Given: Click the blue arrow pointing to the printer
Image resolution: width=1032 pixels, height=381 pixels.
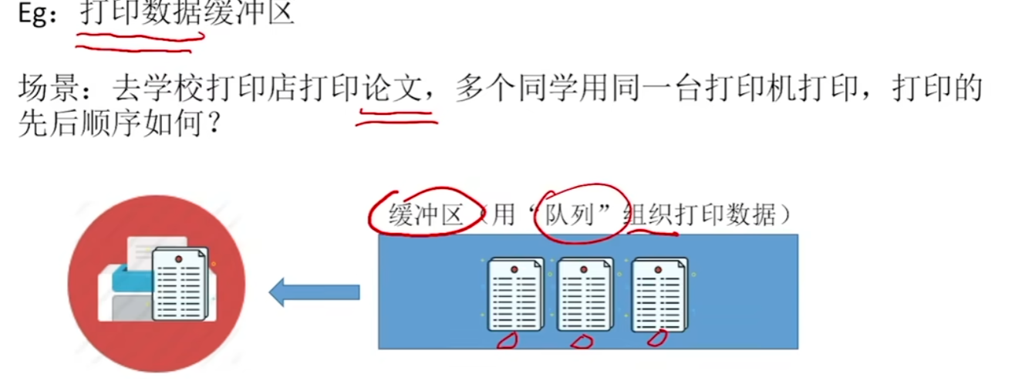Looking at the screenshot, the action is coord(314,292).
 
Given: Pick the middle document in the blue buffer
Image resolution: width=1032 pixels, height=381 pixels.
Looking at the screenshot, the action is coord(585,294).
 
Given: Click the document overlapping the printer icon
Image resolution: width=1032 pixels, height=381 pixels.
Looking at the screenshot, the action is coord(180,283).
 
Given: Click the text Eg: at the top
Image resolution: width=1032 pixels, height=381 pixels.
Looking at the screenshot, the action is coord(38,13).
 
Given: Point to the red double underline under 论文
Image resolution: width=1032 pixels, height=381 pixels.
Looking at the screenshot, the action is coord(396,115).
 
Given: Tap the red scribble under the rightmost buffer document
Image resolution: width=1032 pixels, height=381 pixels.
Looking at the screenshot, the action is coord(656,337).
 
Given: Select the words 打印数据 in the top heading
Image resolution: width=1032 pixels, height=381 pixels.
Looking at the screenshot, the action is coord(141,13).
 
